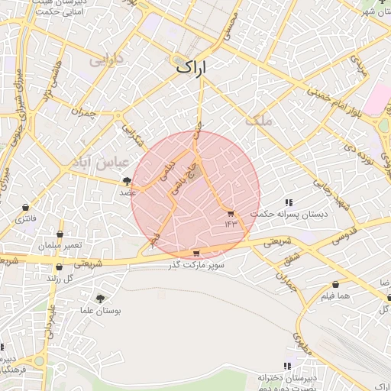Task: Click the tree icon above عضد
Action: pos(127,181)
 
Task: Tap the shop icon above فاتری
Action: pos(26,208)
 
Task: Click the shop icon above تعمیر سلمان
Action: pos(60,233)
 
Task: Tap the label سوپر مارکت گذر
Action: pos(197,264)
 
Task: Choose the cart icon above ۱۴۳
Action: pos(231,213)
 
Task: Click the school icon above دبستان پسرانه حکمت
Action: pos(289,202)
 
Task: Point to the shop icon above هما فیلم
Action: pos(335,284)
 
